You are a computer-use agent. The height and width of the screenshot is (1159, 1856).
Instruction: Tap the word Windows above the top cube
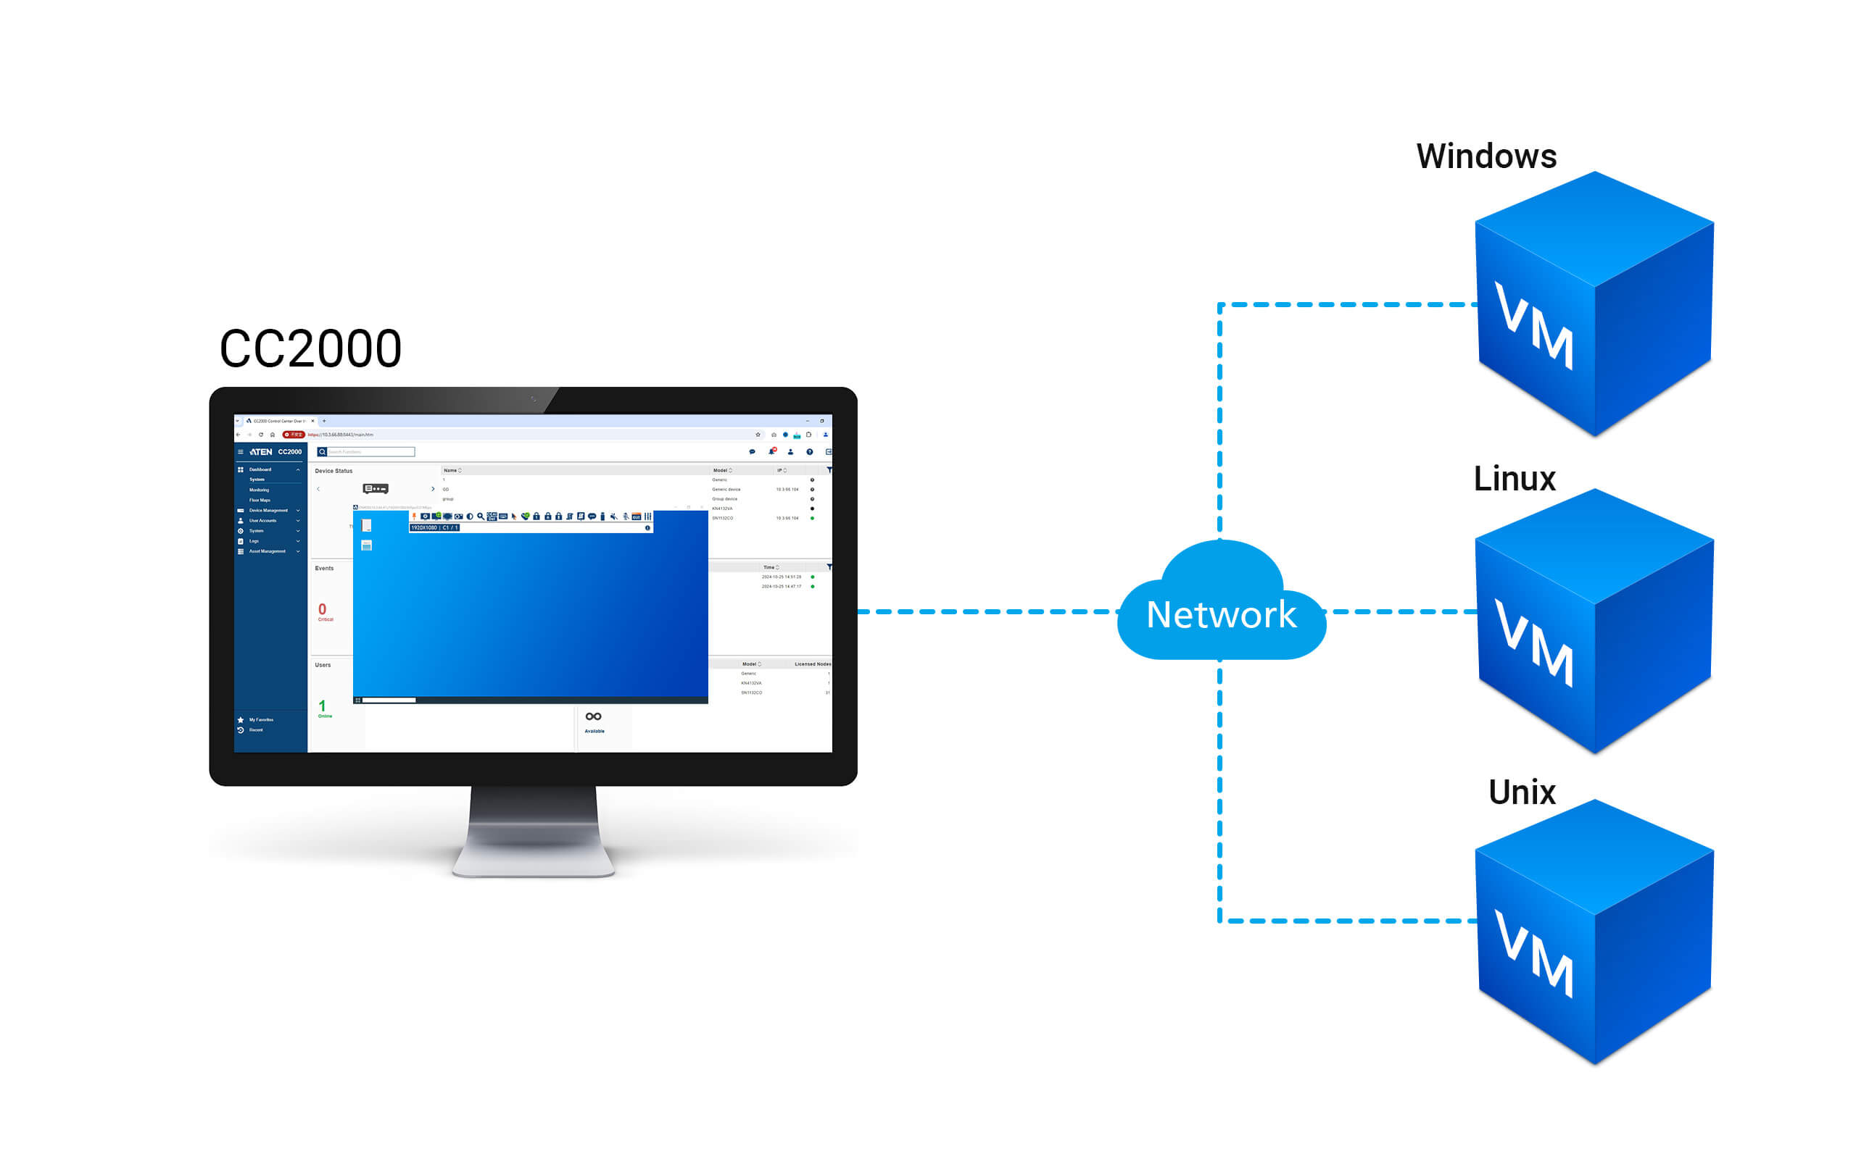[1486, 156]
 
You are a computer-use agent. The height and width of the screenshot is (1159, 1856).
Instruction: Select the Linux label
[1514, 478]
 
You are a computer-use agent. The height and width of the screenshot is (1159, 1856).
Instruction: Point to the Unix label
[1522, 792]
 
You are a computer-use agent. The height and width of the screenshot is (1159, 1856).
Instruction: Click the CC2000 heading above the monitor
[310, 348]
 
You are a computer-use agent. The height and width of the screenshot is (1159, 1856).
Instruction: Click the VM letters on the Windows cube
[1534, 326]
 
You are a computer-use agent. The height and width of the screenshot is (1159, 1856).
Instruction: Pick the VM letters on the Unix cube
[1534, 953]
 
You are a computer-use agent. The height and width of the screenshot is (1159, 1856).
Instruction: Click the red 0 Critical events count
[322, 609]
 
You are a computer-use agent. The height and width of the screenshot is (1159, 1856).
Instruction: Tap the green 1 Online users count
[322, 706]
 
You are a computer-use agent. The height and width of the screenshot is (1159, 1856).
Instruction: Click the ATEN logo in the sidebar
[261, 452]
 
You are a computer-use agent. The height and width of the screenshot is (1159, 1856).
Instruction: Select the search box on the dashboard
[371, 452]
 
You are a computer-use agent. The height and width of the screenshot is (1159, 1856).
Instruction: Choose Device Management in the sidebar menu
[268, 511]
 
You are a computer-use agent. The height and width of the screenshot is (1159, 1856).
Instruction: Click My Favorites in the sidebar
[261, 720]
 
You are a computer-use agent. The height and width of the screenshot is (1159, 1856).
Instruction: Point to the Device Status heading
[333, 471]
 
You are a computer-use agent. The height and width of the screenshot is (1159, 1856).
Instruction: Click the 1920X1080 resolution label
[423, 528]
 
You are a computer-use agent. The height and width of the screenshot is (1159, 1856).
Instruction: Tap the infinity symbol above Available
[593, 716]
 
